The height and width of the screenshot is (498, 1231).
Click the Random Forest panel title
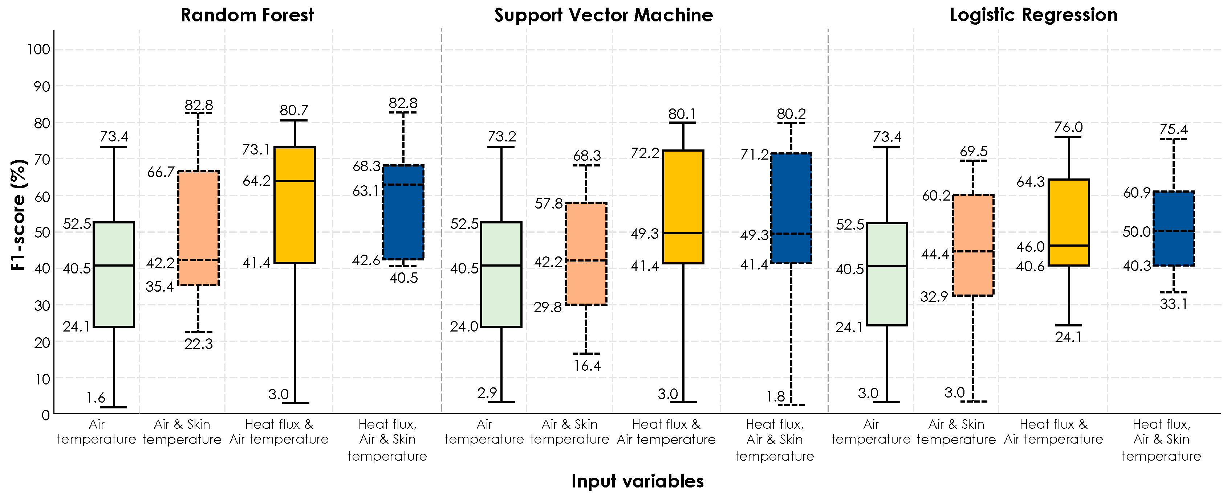[247, 15]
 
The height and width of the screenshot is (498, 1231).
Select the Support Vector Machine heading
[603, 15]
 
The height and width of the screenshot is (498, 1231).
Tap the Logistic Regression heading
[1033, 15]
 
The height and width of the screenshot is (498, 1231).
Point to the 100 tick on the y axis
[38, 49]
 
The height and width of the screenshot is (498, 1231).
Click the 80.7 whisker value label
[294, 110]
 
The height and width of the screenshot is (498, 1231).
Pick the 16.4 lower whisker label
[587, 366]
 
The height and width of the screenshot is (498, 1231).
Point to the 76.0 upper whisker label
[1069, 127]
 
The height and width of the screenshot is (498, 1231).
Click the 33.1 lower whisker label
[1173, 304]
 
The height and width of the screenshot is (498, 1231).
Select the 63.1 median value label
[366, 191]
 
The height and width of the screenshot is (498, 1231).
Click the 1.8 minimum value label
[775, 396]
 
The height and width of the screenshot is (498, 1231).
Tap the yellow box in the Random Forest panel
[294, 205]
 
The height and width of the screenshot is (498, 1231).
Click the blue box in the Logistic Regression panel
[1173, 228]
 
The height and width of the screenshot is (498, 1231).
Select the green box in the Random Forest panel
[114, 274]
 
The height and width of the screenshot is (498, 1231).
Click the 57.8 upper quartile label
[549, 204]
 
